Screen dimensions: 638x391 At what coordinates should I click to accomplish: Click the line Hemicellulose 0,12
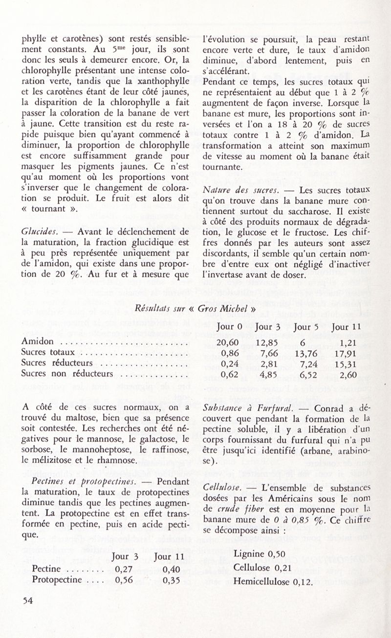273,581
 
